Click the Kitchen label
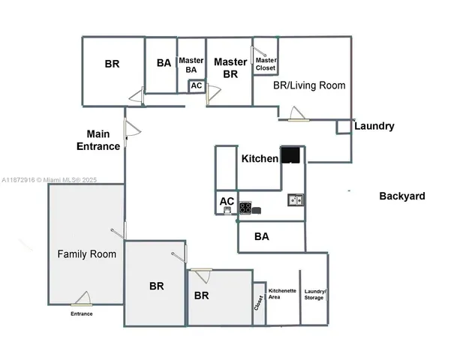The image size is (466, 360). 260,159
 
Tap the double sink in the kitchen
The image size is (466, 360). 295,199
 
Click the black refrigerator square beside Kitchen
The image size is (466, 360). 291,155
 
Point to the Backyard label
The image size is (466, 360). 401,196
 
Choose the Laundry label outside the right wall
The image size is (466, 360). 374,126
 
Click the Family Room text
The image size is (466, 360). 87,254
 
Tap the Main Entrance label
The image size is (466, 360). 98,140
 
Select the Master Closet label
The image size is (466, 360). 266,64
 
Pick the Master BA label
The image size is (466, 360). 191,64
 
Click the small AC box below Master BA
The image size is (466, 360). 196,86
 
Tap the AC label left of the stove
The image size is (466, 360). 227,201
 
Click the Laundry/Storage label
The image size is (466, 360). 314,294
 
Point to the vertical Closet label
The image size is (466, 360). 259,303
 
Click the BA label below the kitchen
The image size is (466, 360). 262,236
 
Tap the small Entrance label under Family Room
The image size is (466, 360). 82,313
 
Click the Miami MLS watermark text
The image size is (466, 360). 50,180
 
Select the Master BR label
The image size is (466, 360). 230,67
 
